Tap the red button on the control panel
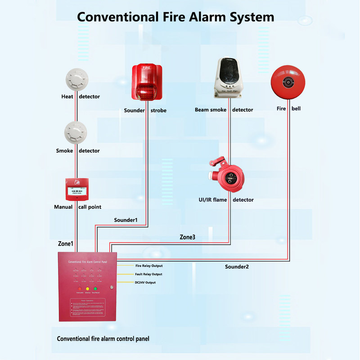tap(80, 288)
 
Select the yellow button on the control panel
tap(88, 288)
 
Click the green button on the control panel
tap(95, 288)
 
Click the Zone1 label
tap(65, 243)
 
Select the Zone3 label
tap(187, 237)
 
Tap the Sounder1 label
tap(125, 220)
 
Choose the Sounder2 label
tap(237, 267)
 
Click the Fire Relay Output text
tap(149, 266)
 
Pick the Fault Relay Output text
tap(148, 274)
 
